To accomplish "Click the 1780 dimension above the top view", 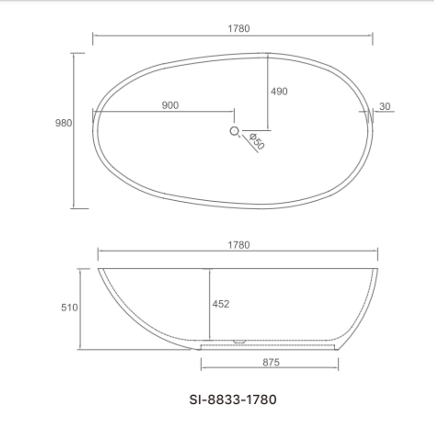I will (x=239, y=28).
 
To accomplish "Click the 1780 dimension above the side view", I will (x=239, y=245).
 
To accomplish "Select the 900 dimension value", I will (x=170, y=105).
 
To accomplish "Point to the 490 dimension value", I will (x=279, y=91).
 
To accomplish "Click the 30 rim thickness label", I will (x=385, y=107).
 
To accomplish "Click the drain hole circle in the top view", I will (x=235, y=132).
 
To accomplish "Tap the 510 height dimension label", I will (x=70, y=308).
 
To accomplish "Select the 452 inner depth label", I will (x=221, y=304).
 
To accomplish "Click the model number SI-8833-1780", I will (x=232, y=399).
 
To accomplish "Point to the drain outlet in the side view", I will (x=240, y=341).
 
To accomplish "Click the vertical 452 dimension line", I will (x=209, y=320).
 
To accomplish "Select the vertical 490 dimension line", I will (x=268, y=110).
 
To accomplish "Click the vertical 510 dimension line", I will (x=80, y=329).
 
